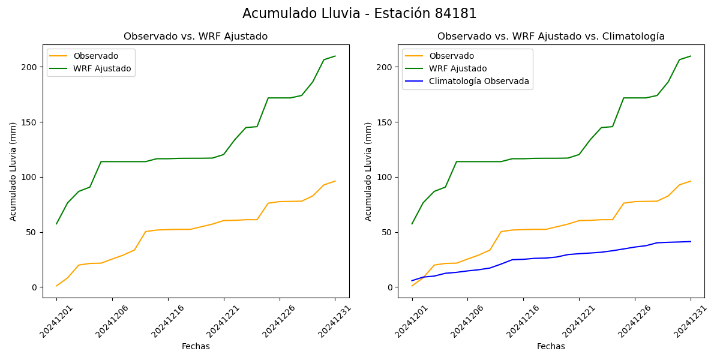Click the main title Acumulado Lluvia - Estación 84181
point(359,14)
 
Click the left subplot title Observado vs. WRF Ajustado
point(196,37)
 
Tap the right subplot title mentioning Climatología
point(551,37)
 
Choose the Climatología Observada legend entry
point(479,81)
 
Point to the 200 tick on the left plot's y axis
point(29,67)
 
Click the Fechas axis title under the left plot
point(196,347)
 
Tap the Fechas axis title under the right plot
point(551,347)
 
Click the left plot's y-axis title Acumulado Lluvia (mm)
point(13,171)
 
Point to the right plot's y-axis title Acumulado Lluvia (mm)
point(368,171)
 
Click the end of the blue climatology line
point(691,242)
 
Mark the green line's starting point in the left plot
point(56,224)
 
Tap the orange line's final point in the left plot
point(335,181)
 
